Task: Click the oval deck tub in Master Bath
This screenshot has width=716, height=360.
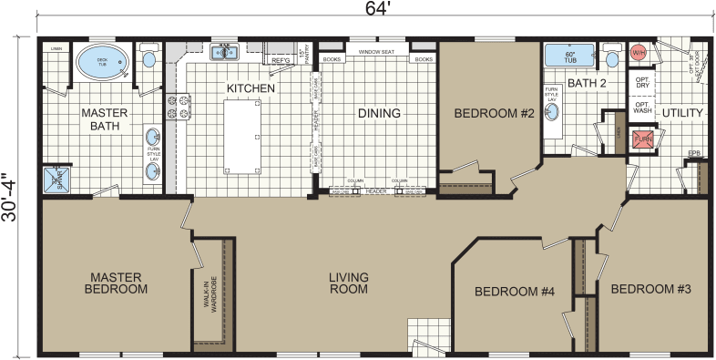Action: coord(102,61)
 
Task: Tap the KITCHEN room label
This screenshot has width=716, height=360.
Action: coord(244,88)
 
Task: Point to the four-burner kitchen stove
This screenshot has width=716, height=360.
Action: coord(175,108)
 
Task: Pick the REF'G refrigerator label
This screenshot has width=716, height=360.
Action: coord(281,61)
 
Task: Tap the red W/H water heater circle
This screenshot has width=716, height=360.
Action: coord(640,54)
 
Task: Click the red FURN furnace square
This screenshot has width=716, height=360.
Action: coord(644,139)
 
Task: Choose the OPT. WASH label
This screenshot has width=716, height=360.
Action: coord(641,108)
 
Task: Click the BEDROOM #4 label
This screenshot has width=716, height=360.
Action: coord(516,292)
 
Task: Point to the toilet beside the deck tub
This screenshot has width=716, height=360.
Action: coord(150,59)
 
